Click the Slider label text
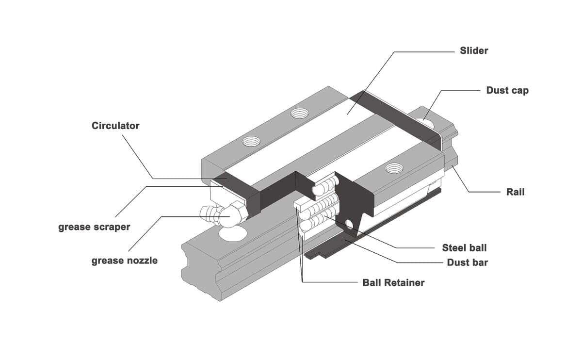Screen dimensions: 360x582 pos(474,50)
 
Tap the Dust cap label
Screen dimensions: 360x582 pos(507,90)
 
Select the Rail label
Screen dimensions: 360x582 pos(515,192)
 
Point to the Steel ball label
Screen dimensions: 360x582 pos(464,248)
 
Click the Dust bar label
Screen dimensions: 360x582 pos(467,262)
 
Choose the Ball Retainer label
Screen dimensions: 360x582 pos(393,282)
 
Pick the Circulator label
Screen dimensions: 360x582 pos(115,126)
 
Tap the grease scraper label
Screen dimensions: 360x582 pos(94,227)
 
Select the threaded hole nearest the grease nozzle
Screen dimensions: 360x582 pos(251,142)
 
